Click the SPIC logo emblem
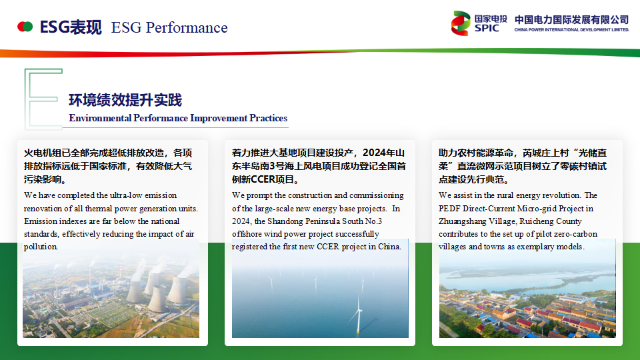(x=461, y=23)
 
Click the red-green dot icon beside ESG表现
(x=25, y=27)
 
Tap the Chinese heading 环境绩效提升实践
(x=125, y=100)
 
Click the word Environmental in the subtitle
(x=100, y=119)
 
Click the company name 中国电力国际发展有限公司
(x=571, y=19)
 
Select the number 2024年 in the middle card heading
(x=379, y=153)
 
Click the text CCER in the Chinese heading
(x=263, y=179)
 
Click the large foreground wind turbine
(x=359, y=313)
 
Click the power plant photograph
(x=111, y=289)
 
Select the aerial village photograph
(x=527, y=289)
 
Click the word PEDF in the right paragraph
(x=449, y=209)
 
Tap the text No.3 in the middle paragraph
(x=373, y=221)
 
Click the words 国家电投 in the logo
(x=491, y=19)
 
